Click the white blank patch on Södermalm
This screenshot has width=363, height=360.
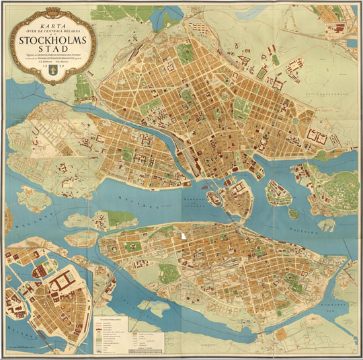pos(184,237)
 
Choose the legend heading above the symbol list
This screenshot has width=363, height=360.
pos(111,318)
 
